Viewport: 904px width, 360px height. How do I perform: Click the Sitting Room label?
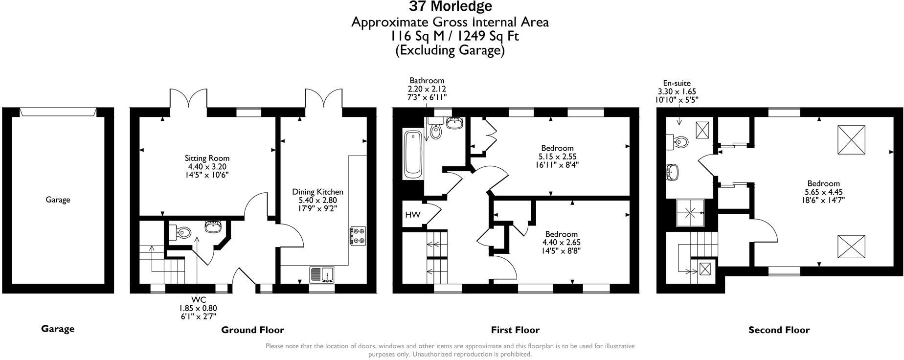pyautogui.click(x=207, y=158)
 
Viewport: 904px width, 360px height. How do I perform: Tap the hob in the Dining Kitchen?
pyautogui.click(x=358, y=235)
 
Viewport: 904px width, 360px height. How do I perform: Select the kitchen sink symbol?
pyautogui.click(x=321, y=274)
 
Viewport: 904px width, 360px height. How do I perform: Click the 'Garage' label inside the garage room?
pyautogui.click(x=58, y=200)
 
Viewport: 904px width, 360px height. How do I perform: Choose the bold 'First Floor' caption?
pyautogui.click(x=515, y=330)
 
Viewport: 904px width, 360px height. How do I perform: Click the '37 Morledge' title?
pyautogui.click(x=451, y=6)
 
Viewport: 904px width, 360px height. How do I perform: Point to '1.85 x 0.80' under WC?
pyautogui.click(x=198, y=308)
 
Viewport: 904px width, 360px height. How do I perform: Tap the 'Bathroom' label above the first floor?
pyautogui.click(x=427, y=80)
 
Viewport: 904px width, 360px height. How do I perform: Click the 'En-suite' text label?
pyautogui.click(x=677, y=83)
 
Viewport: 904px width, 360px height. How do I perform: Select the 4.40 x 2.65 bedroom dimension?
pyautogui.click(x=562, y=242)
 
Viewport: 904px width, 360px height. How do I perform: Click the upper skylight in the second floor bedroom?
pyautogui.click(x=852, y=139)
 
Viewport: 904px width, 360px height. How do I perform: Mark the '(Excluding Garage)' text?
pyautogui.click(x=450, y=50)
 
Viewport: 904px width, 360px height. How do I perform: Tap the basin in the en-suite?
pyautogui.click(x=673, y=172)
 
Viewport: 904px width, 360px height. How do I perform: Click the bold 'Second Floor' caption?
pyautogui.click(x=779, y=330)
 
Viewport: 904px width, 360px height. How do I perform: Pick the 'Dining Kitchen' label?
pyautogui.click(x=317, y=192)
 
